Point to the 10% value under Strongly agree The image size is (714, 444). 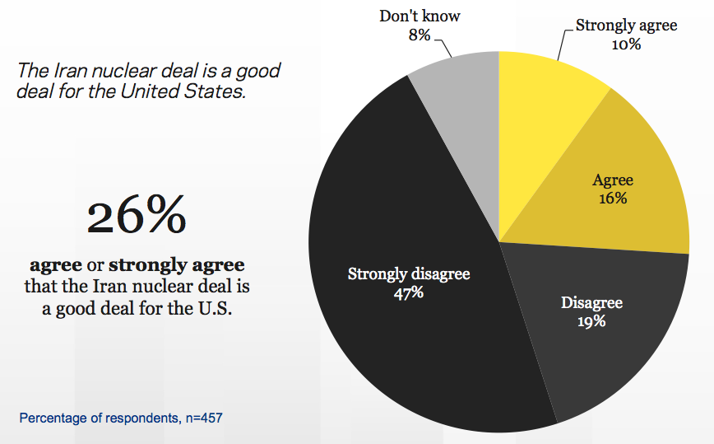coord(626,44)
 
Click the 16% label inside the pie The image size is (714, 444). coord(613,199)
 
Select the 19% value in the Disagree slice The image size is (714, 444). coord(591,321)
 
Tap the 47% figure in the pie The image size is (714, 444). coord(408,292)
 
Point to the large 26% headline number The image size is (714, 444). coord(137,216)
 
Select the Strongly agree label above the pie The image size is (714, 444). coord(626,25)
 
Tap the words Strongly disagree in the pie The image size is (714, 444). coord(408,273)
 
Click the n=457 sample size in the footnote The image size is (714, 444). coord(202,418)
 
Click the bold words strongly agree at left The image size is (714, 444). coord(177,266)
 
